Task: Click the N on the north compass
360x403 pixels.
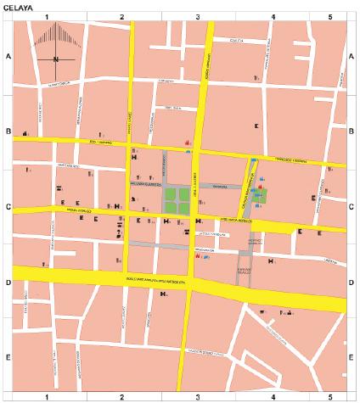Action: click(x=54, y=59)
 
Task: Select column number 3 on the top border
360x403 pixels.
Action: click(x=197, y=16)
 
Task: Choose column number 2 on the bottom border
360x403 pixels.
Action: click(x=122, y=396)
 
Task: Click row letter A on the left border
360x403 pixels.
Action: click(x=8, y=56)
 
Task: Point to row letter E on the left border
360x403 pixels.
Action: click(x=8, y=357)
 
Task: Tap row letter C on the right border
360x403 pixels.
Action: click(x=352, y=207)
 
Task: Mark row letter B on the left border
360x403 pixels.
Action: click(x=8, y=132)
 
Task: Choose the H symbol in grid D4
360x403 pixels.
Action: click(x=271, y=261)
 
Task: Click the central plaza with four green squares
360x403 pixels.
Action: click(x=178, y=199)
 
